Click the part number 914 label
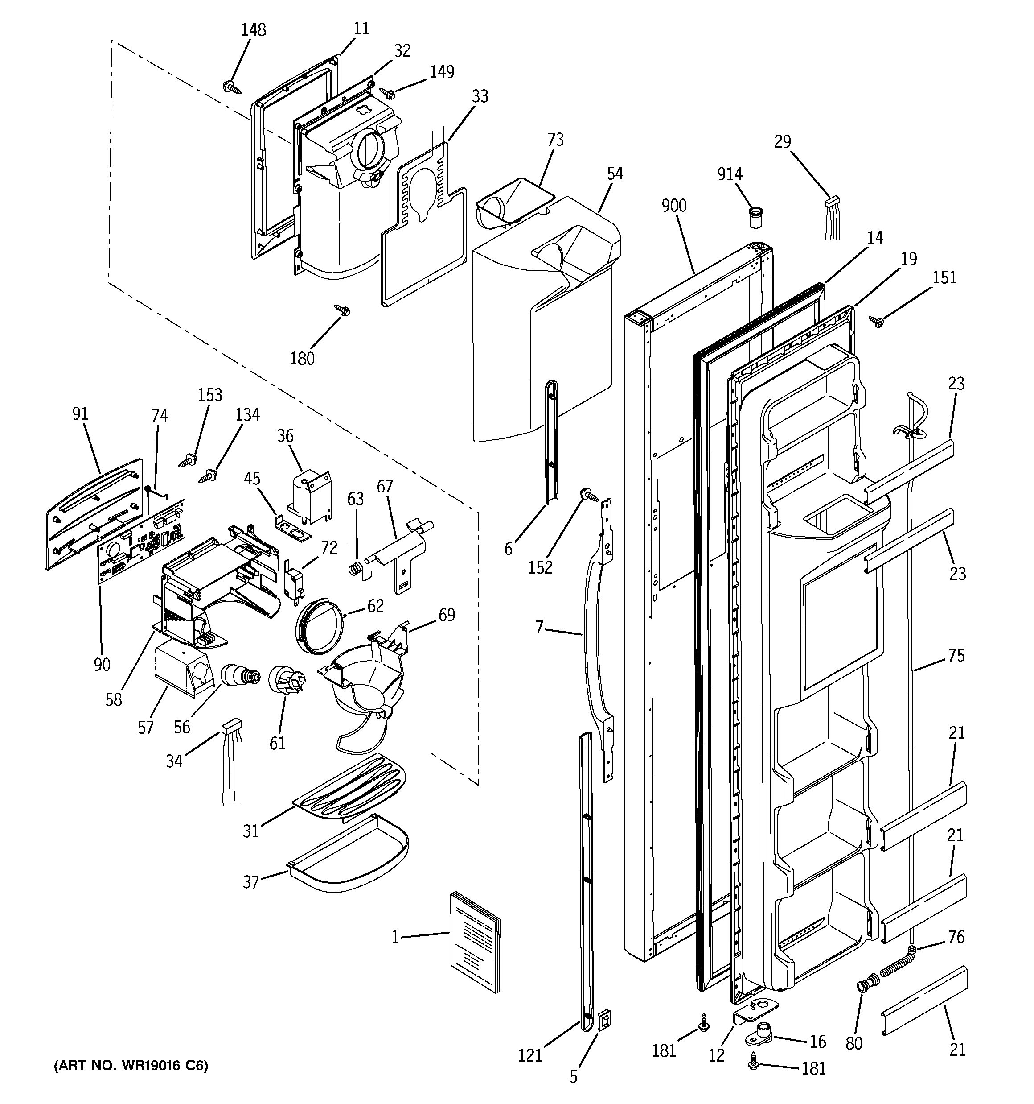point(729,174)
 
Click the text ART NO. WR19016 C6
point(131,1065)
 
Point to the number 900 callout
point(674,206)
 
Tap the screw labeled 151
point(877,321)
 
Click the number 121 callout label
point(529,1055)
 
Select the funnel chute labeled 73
point(513,202)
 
